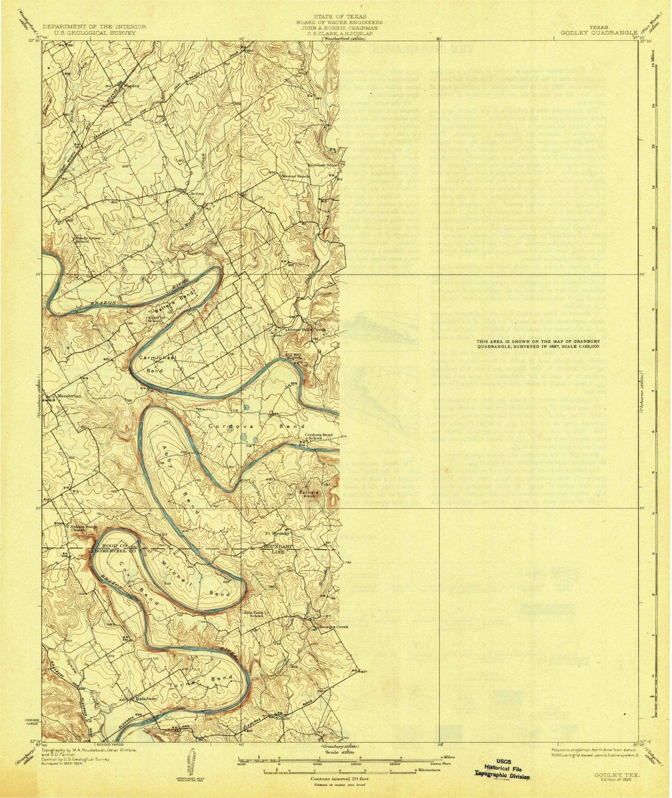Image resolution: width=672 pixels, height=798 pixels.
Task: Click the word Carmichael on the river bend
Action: (158, 359)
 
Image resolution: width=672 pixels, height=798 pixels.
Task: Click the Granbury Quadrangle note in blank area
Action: (538, 345)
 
